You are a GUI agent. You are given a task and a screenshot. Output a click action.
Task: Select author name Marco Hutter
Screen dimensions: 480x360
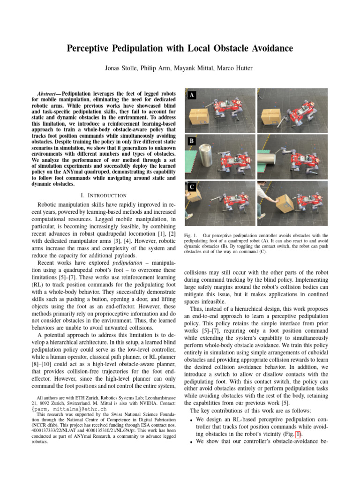click(x=235, y=68)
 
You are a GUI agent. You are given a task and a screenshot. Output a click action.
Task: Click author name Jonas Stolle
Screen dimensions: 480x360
click(x=121, y=68)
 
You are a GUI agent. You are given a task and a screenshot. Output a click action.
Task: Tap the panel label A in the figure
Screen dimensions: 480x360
click(x=191, y=95)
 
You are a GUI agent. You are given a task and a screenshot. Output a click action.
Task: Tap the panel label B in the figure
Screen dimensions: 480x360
click(x=191, y=141)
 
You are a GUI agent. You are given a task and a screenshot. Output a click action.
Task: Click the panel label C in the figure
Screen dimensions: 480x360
click(x=191, y=187)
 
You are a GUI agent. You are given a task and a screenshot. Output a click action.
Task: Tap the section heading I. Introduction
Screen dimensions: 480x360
click(x=104, y=195)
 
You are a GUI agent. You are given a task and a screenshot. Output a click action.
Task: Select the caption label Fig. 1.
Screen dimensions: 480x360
click(x=190, y=235)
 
